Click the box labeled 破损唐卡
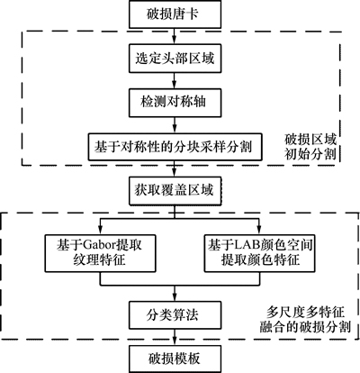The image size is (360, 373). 175,14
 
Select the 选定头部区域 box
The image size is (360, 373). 175,59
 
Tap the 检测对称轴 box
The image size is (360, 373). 175,103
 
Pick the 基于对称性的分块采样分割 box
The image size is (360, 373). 175,147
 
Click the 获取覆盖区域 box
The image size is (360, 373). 175,191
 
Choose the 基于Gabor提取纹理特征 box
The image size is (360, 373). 100,253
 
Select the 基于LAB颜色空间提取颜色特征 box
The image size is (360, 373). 260,253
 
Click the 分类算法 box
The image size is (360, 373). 175,315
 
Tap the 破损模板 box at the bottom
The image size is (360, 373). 175,359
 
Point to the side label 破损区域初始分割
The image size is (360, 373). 310,147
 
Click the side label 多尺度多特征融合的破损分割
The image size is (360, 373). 305,320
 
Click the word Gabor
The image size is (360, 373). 99,245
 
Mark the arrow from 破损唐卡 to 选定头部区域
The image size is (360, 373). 175,36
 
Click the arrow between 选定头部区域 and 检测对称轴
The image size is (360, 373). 175,80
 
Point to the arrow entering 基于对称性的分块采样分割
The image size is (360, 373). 175,125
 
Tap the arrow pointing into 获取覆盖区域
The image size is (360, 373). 175,169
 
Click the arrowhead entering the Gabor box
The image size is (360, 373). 100,231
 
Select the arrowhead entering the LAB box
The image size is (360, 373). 260,231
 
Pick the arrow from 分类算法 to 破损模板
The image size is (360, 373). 175,338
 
